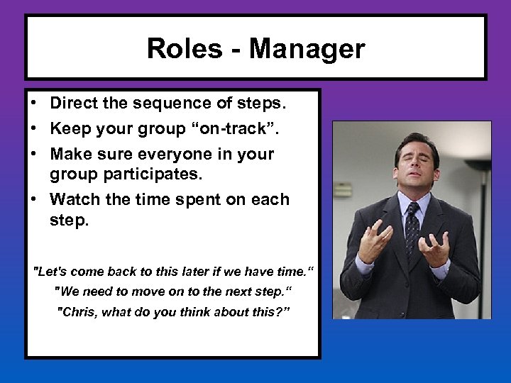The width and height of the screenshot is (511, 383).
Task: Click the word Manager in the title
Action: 307,49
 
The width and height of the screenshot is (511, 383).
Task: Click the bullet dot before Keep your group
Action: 34,128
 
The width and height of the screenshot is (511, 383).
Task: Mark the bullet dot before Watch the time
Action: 34,199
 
